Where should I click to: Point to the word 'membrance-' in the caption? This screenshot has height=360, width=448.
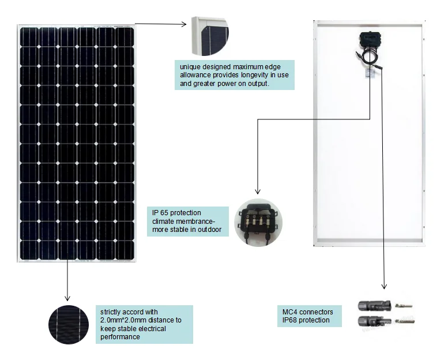(x=195, y=222)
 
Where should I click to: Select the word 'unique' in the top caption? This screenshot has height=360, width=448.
(x=190, y=67)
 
